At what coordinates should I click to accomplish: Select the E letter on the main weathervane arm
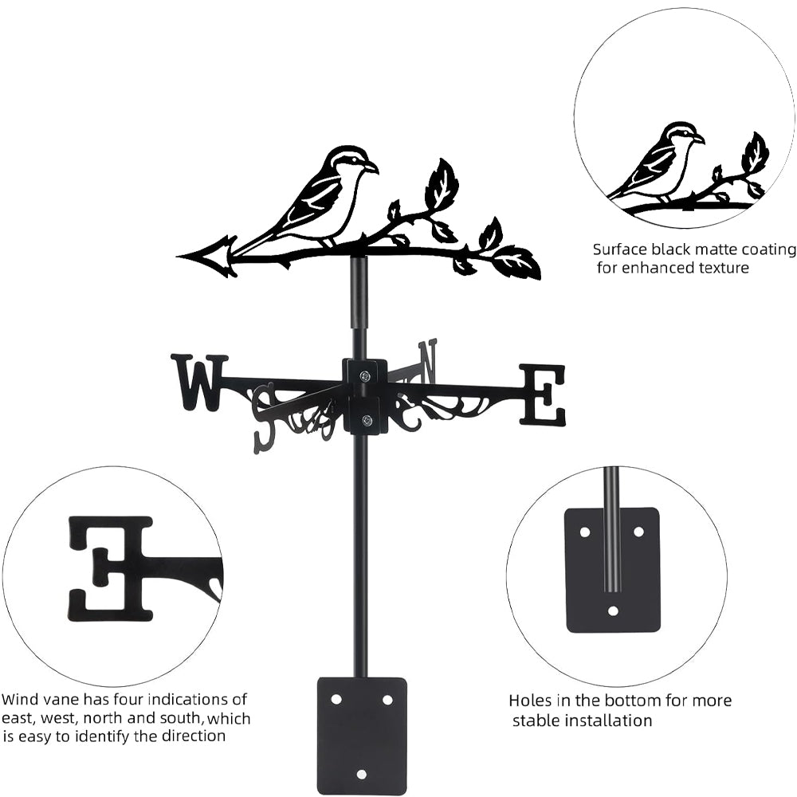[x=544, y=394]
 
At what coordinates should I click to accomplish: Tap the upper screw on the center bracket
[x=365, y=376]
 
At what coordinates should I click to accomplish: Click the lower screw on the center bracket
[x=366, y=421]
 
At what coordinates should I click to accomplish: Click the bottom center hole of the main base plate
[x=362, y=774]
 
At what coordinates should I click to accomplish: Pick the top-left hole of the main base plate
[x=336, y=699]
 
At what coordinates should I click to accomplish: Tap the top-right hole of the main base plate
[x=387, y=699]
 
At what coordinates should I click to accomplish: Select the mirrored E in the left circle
[x=110, y=567]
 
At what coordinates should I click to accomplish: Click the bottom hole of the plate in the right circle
[x=612, y=611]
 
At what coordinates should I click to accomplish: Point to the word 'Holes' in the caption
[x=530, y=701]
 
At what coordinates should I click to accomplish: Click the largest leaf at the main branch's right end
[x=516, y=261]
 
